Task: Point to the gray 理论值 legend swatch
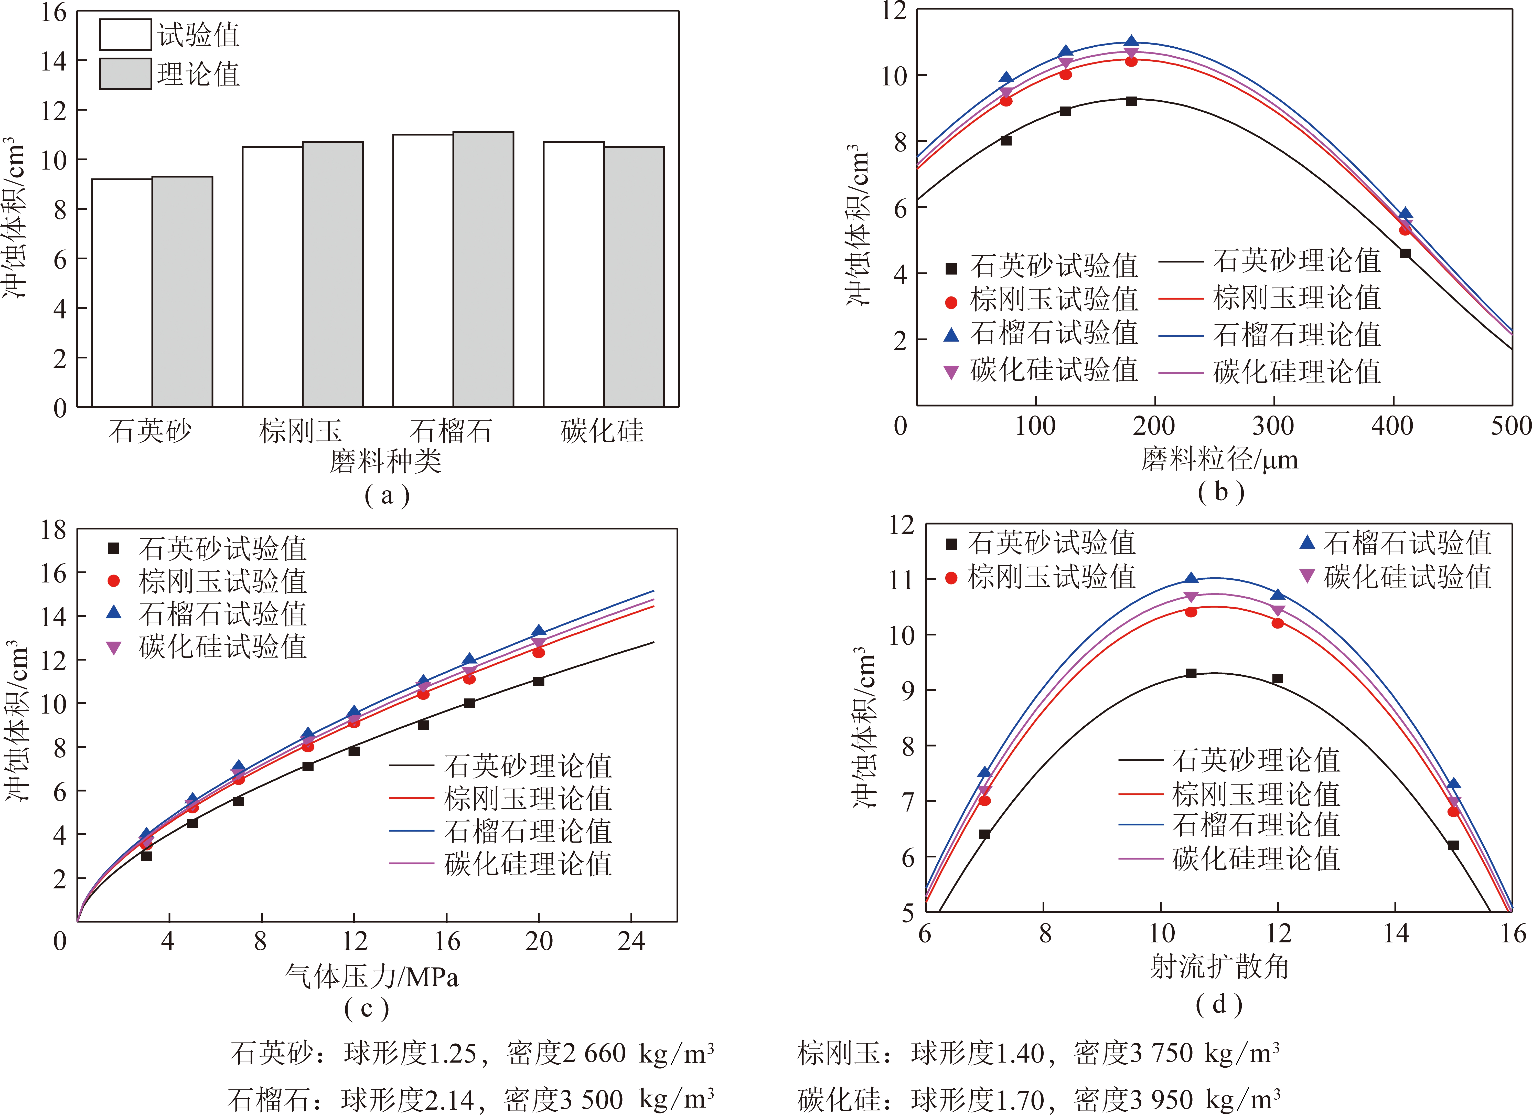pos(126,74)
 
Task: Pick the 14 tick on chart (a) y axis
pos(54,61)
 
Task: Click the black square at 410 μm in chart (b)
pos(1405,253)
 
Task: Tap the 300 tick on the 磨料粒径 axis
pos(1273,426)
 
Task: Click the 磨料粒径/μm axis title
pos(1220,460)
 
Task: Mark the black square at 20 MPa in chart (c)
pos(538,681)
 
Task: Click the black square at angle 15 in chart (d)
pos(1454,845)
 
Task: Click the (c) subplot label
pos(367,1009)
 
